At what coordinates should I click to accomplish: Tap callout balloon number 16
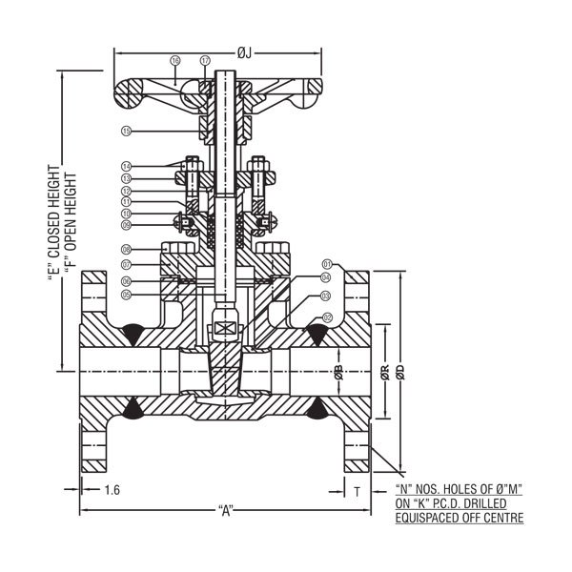point(174,60)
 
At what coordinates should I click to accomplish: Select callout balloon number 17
point(206,60)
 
